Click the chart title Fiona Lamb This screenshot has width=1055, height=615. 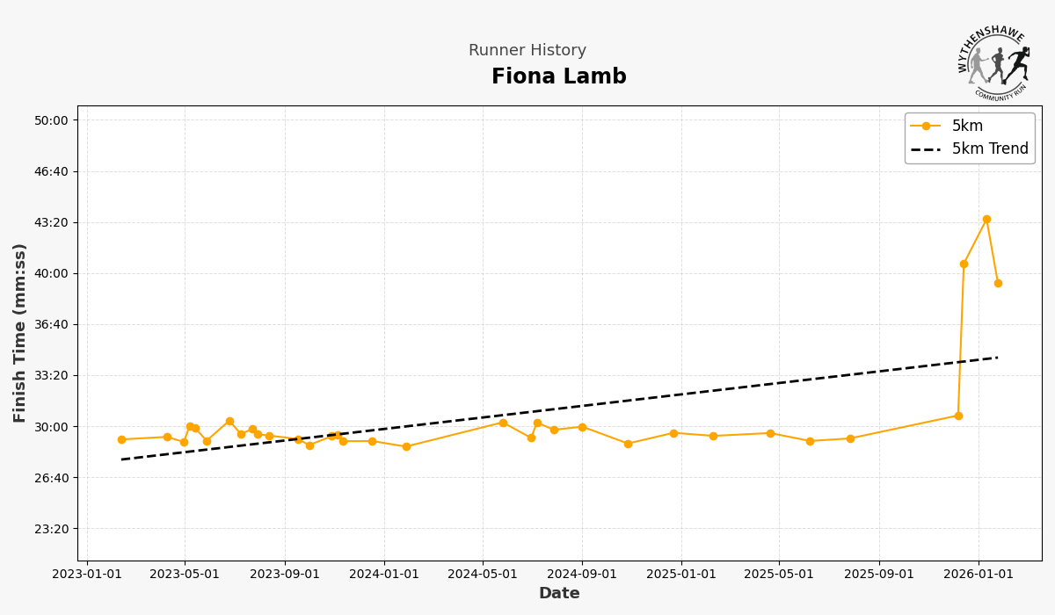pos(558,77)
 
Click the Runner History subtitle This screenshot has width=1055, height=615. pos(527,51)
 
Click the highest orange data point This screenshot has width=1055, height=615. pos(986,220)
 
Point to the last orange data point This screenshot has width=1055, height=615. pos(998,283)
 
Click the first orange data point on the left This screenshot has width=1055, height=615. pos(121,439)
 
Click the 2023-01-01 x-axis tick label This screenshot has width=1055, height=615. pos(86,575)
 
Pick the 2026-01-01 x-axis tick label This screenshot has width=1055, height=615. pos(979,575)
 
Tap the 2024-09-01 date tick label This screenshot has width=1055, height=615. pos(582,575)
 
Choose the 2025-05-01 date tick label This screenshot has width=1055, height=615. pos(779,575)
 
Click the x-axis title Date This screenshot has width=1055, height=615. pos(559,594)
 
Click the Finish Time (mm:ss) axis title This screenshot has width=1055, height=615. pos(20,333)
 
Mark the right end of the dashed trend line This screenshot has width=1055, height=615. pos(998,358)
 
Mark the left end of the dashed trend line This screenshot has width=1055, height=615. pos(121,459)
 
